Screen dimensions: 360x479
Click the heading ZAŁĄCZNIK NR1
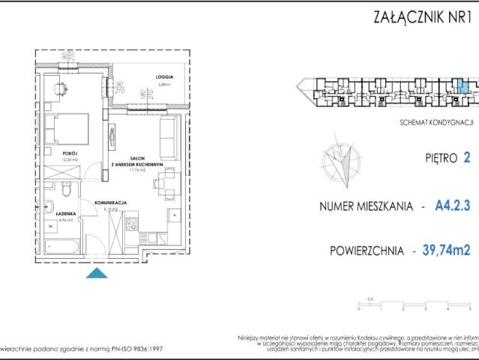click(422, 16)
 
